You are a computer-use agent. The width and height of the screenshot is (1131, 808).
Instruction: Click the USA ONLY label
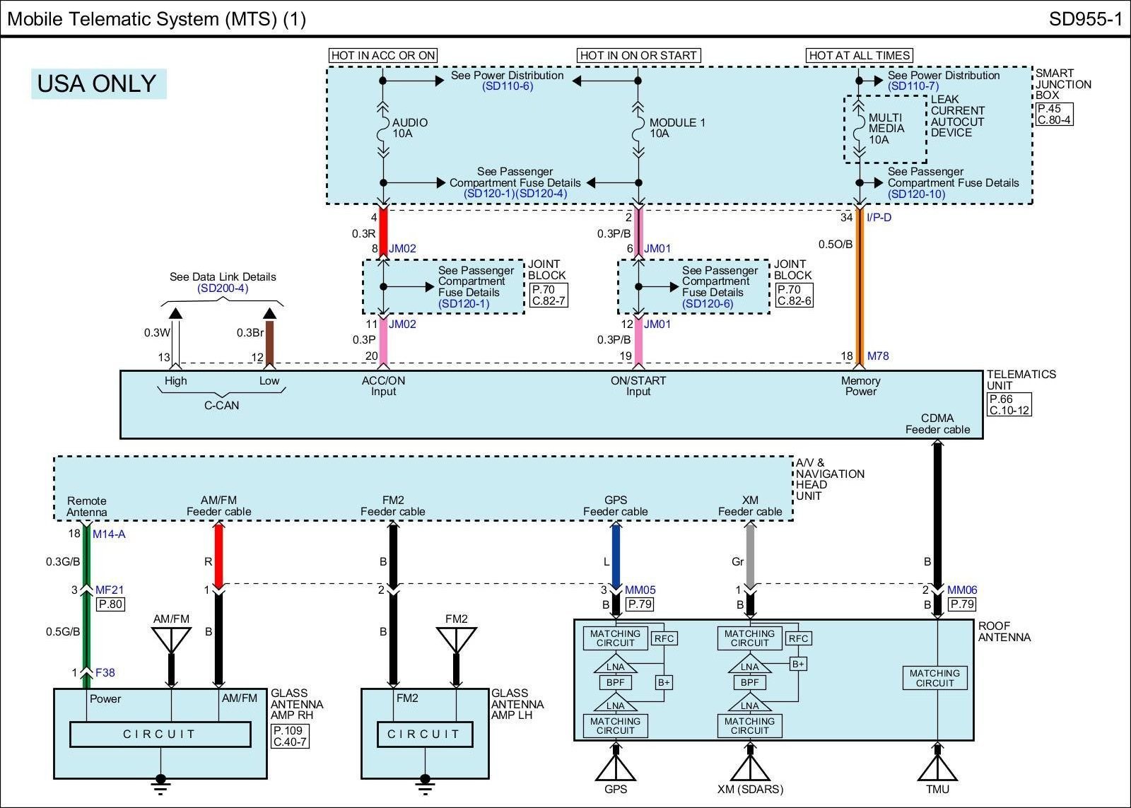click(98, 83)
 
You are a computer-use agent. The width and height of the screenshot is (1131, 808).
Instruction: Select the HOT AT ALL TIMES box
click(860, 55)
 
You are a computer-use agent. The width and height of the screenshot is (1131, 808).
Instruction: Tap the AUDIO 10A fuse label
click(409, 128)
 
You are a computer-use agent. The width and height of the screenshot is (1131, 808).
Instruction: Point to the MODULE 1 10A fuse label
click(677, 128)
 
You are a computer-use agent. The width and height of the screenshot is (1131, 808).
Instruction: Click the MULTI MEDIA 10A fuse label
click(886, 128)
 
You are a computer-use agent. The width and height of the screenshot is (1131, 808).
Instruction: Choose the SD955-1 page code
click(1086, 19)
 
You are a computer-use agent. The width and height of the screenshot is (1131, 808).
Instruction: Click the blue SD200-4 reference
click(223, 288)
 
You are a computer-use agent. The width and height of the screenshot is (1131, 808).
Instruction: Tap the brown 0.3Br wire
click(269, 342)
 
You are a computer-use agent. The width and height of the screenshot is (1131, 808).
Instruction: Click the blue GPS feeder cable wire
click(616, 554)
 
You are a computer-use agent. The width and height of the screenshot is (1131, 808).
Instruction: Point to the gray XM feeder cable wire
click(750, 554)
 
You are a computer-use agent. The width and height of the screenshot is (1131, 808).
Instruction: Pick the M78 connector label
click(878, 356)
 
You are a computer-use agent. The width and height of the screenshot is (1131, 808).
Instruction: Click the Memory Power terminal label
click(861, 386)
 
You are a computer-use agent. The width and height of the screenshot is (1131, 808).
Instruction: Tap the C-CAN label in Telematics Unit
click(222, 405)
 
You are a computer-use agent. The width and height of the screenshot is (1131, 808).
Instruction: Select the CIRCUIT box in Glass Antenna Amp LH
click(425, 734)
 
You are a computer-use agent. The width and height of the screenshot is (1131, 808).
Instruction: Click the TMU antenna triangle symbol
click(937, 768)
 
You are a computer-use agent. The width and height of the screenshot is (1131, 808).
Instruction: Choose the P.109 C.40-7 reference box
click(291, 736)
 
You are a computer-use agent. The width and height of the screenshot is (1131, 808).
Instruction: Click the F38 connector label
click(105, 673)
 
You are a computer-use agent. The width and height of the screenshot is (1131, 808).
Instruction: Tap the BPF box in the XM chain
click(750, 682)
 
